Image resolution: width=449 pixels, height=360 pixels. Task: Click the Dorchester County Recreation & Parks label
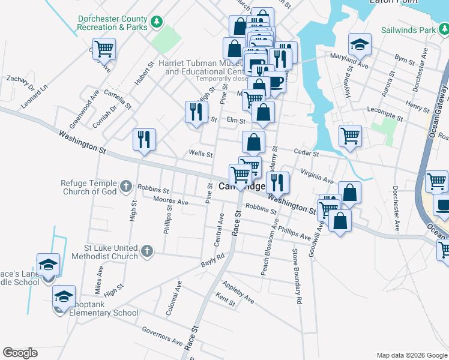point(112,23)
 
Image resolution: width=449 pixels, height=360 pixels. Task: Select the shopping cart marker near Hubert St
point(104,49)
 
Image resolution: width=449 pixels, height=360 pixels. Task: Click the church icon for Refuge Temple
point(125,187)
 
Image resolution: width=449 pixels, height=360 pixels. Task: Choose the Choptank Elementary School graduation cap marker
point(64,296)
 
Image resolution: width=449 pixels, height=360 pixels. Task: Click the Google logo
point(20,353)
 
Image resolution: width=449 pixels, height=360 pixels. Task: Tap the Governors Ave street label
point(162,336)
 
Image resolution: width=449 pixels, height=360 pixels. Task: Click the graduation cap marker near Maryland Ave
point(360,44)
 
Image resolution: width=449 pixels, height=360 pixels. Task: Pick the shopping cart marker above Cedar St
point(350,135)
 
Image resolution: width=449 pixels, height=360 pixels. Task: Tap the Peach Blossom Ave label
point(269,248)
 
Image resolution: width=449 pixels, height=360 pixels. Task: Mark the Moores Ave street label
point(170,202)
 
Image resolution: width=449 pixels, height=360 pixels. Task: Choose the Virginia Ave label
point(317,175)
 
